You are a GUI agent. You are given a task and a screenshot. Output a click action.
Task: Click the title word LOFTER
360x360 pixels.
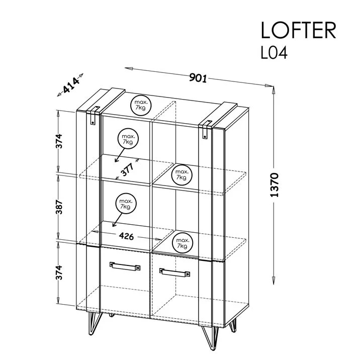click(x=299, y=30)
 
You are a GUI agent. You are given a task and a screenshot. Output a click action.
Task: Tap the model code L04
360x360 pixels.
click(x=274, y=53)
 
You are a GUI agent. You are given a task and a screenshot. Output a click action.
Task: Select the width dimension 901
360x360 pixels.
click(x=198, y=78)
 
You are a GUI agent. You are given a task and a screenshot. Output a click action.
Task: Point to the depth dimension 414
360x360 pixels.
click(x=71, y=85)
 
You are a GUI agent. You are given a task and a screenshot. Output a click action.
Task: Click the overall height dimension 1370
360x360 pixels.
click(x=275, y=185)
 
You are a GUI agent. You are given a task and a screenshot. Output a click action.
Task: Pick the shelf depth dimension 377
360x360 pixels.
click(x=127, y=169)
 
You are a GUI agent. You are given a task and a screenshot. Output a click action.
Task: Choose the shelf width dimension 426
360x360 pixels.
click(x=126, y=236)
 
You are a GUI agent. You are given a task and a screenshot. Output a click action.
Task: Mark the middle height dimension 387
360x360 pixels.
click(x=59, y=207)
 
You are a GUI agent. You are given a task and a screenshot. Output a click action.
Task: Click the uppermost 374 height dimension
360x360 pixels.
click(x=59, y=141)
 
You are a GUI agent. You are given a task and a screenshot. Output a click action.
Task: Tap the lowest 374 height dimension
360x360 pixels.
click(x=59, y=273)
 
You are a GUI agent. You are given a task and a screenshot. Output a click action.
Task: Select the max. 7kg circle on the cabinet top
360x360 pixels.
click(x=141, y=105)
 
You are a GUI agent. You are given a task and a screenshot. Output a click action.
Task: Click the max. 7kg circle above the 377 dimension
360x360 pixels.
click(x=128, y=139)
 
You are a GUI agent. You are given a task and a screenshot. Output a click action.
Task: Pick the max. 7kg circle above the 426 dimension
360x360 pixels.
click(x=126, y=204)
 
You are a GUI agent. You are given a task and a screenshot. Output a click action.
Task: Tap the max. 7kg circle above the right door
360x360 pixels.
click(x=183, y=243)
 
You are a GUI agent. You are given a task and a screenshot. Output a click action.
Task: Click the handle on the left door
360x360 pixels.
click(x=125, y=266)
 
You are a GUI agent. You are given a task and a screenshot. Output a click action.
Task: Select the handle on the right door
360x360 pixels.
click(x=174, y=273)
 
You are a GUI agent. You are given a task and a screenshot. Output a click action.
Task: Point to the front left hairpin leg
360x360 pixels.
click(x=94, y=323)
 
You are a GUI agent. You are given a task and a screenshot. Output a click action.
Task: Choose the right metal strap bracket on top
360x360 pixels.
click(x=206, y=129)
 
